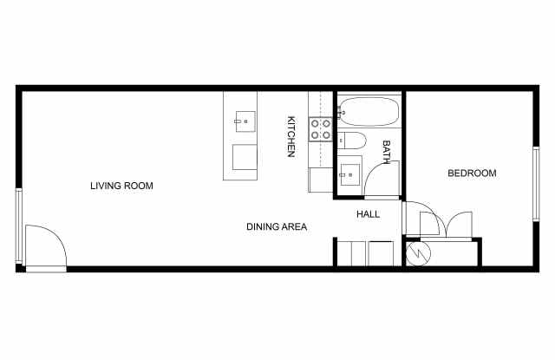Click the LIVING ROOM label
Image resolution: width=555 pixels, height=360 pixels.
pos(121,186)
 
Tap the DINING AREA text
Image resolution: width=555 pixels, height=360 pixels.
pos(277,226)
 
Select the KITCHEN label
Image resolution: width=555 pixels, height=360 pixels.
pos(291,136)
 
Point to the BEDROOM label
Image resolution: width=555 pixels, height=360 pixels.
pos(472,173)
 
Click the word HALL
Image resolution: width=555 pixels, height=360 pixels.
pos(368,214)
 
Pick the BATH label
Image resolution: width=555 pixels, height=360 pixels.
pos(386,152)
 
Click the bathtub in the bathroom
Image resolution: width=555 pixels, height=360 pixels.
pos(369,112)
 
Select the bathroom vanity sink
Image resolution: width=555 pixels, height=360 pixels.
pos(349,174)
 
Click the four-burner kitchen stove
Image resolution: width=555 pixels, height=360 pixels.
pos(320,129)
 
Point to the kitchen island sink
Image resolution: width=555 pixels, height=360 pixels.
pos(245,121)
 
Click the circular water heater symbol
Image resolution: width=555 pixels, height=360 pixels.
pos(418,253)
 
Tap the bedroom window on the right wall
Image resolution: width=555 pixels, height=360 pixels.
pos(536,184)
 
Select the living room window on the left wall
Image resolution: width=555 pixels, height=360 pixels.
pos(19,226)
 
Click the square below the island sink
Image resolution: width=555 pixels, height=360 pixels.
pos(245,157)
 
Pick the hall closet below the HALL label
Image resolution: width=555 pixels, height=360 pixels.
pos(365,253)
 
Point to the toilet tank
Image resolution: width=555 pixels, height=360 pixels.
pos(341,141)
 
